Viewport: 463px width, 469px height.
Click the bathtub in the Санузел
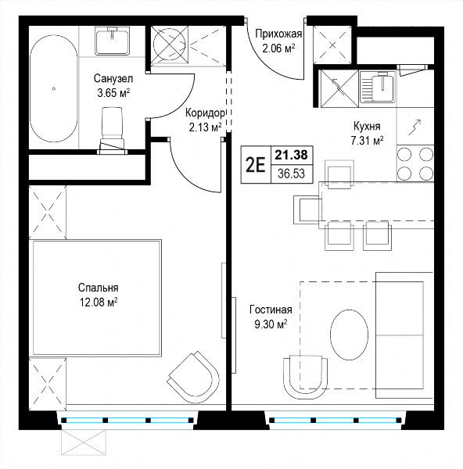point(53,88)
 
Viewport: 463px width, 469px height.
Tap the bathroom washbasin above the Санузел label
point(113,41)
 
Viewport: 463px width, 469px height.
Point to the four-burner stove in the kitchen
point(415,163)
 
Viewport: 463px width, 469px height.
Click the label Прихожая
point(278,34)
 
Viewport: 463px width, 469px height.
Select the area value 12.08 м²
point(99,303)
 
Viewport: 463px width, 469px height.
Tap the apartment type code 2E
point(255,165)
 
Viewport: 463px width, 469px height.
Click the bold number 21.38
point(291,155)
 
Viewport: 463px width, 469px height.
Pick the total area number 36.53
point(291,174)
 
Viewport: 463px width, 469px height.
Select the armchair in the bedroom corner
point(193,377)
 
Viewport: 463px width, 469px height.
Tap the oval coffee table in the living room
point(349,335)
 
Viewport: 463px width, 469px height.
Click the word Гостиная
point(271,310)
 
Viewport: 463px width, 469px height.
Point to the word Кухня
point(367,126)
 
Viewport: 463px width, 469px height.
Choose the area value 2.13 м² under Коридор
point(206,127)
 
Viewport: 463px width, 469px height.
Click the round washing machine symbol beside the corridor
point(169,45)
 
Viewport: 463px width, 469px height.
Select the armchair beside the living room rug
point(305,378)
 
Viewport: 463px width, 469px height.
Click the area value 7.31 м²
point(367,140)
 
